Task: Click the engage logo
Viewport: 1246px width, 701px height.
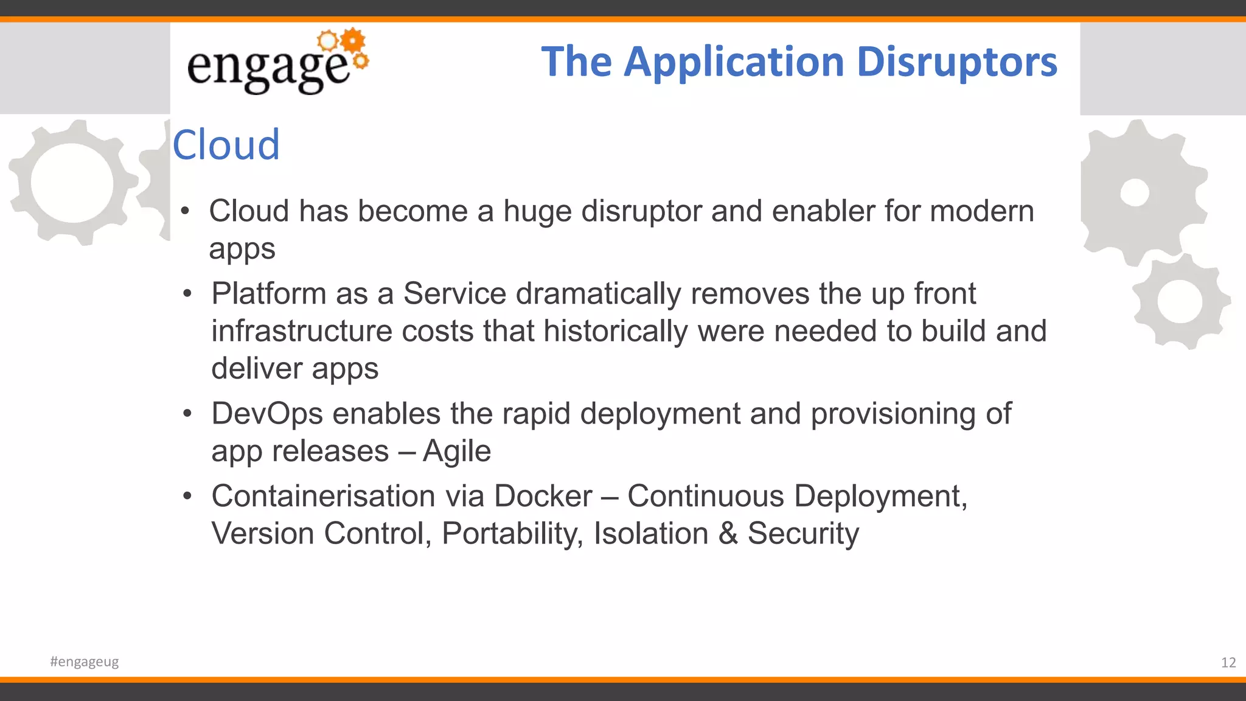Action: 277,62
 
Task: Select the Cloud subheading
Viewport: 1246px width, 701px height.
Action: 226,145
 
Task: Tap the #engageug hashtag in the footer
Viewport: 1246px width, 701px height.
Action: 85,661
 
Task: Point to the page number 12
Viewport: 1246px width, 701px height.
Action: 1228,663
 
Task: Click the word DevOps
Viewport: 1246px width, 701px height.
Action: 267,414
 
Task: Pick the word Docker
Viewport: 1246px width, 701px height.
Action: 543,496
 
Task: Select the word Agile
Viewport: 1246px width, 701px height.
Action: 456,452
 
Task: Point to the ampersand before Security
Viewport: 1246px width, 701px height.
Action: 728,534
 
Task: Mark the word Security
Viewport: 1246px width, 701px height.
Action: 803,534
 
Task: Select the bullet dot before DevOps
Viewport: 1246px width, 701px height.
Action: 187,414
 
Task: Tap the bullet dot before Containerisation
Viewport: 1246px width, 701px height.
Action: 187,496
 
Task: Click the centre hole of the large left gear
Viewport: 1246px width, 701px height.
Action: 72,183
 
